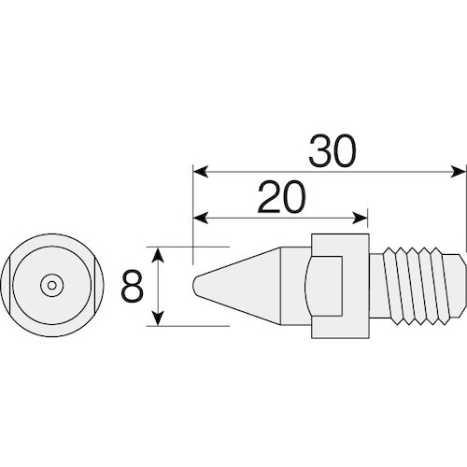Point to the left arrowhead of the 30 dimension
pyautogui.click(x=197, y=171)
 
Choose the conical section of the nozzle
pyautogui.click(x=248, y=284)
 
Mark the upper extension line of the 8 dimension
pyautogui.click(x=191, y=247)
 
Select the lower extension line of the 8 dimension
pyautogui.click(x=191, y=325)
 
